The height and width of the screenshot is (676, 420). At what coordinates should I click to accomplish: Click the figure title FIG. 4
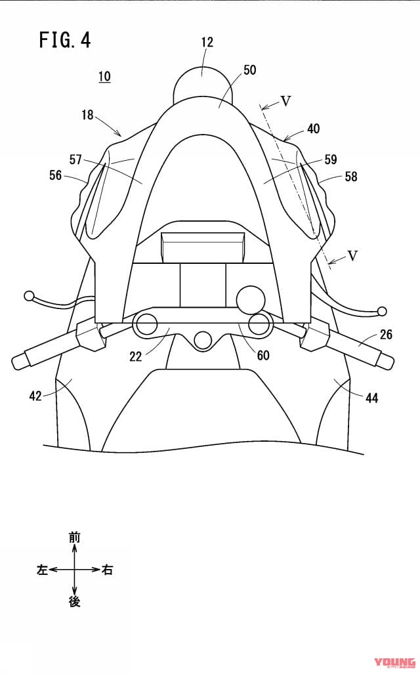[65, 39]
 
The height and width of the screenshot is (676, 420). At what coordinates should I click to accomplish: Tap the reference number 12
[207, 42]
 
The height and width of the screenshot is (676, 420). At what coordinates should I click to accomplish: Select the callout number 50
[249, 70]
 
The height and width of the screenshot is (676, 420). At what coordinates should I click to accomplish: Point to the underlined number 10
[104, 77]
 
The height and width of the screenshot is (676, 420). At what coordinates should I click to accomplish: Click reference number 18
[87, 115]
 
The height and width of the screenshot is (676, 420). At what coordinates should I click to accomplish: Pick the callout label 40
[314, 129]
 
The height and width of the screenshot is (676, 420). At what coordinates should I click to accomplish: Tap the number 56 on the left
[56, 175]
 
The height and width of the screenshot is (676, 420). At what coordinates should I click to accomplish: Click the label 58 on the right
[351, 177]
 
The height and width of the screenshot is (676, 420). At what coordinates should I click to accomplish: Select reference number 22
[135, 356]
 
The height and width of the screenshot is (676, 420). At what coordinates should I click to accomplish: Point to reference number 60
[263, 355]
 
